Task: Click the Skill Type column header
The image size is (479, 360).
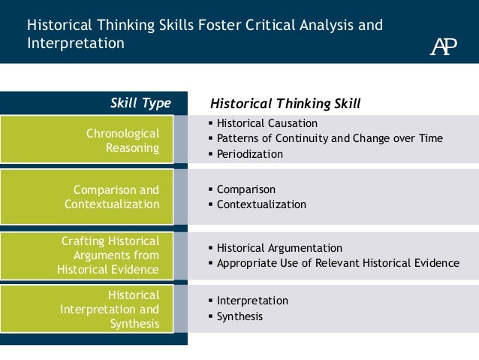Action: [x=140, y=103]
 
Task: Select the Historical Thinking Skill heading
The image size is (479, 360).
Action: [x=285, y=103]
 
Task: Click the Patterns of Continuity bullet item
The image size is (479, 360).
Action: [x=329, y=138]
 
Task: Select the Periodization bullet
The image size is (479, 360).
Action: [x=249, y=154]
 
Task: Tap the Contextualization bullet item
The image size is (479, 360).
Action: [x=261, y=204]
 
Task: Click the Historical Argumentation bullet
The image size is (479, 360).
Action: [x=279, y=248]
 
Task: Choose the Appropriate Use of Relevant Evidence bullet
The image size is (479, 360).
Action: [x=337, y=263]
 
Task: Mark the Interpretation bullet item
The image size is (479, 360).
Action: [x=252, y=301]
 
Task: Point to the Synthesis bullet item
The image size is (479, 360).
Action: [x=239, y=316]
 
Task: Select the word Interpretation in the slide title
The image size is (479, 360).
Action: [x=76, y=44]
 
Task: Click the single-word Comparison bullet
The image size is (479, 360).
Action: [x=246, y=189]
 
